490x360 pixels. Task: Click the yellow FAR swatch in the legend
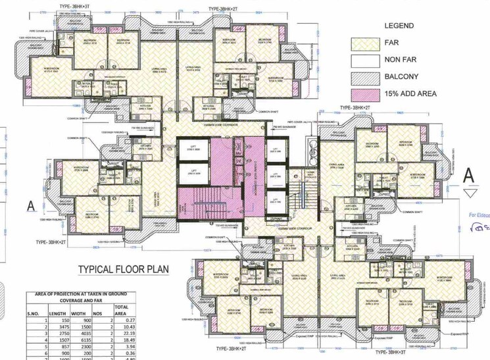tap(366, 45)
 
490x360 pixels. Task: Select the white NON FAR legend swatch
tap(366, 61)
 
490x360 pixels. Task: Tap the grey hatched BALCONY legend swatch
tap(366, 78)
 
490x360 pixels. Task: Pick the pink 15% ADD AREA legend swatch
tap(366, 94)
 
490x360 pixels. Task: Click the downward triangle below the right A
tap(470, 192)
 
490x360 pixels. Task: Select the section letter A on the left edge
tap(30, 205)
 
